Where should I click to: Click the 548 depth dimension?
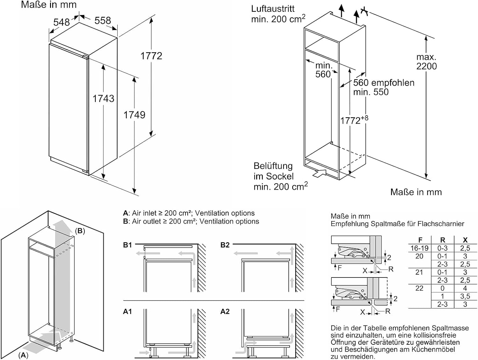61,22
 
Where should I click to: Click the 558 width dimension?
103,21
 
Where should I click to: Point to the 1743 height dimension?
103,98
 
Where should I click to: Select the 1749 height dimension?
134,115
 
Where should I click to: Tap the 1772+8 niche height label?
354,120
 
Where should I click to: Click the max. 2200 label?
426,62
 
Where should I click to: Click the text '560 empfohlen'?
384,83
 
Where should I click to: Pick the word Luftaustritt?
273,9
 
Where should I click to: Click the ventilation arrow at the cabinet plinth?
320,173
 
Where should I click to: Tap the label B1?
127,245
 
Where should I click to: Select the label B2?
225,245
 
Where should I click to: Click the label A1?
127,312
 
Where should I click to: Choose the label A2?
225,312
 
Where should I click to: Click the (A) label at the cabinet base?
23,355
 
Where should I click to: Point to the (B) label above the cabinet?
80,231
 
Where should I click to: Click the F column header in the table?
420,240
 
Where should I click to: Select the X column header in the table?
465,240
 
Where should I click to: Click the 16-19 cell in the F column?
419,248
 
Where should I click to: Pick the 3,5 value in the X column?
465,296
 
